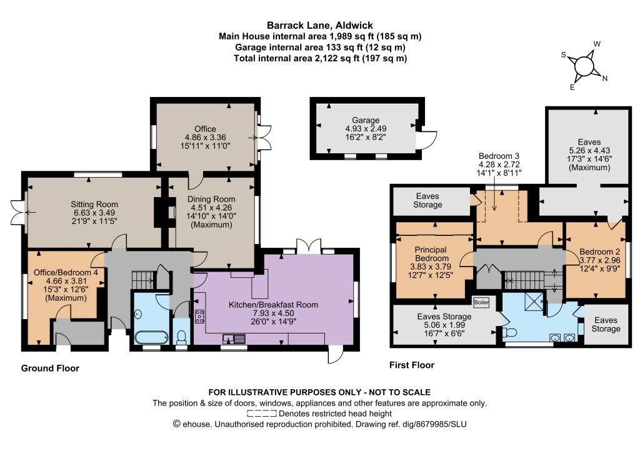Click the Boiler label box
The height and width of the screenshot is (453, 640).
tap(481, 303)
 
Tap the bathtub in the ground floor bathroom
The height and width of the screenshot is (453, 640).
tap(151, 338)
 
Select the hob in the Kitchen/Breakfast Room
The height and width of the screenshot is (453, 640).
tap(200, 317)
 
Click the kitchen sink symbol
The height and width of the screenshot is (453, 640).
tap(234, 338)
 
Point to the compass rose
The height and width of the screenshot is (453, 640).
tap(584, 65)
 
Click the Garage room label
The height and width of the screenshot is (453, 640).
tap(366, 128)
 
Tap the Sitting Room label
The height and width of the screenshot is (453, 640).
tap(94, 212)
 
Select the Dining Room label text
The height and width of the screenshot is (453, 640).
tap(211, 212)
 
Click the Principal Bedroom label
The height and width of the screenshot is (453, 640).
tap(431, 262)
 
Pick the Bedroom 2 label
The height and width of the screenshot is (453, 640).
tap(599, 260)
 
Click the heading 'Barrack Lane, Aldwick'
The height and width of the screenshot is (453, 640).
tap(320, 25)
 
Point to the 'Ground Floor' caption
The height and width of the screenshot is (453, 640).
tap(50, 369)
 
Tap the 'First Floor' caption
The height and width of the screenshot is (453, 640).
tap(412, 365)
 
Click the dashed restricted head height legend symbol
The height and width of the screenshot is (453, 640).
tap(262, 414)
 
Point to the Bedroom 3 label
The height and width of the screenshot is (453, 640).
tap(499, 164)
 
